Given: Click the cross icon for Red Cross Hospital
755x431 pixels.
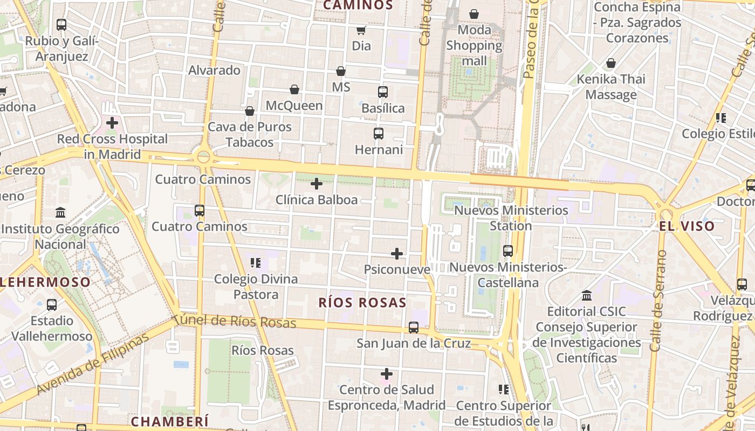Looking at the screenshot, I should tap(112, 123).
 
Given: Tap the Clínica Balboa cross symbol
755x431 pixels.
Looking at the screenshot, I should tap(317, 184).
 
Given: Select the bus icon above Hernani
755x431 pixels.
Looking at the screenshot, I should tap(379, 133).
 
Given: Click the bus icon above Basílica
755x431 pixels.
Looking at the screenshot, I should tap(383, 92).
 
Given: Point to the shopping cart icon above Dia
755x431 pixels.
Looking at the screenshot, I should tap(361, 30).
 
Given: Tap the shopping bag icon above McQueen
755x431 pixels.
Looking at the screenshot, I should tap(294, 89).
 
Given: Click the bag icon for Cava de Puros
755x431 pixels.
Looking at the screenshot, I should tap(250, 111).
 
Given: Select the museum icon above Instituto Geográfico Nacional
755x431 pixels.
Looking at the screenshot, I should tap(60, 213).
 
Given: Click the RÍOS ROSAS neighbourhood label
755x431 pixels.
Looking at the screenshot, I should tap(362, 303).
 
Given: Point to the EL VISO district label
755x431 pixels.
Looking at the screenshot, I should tap(687, 226).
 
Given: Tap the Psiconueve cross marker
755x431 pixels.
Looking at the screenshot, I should tap(397, 254).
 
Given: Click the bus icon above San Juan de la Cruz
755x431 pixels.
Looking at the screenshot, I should tap(414, 327).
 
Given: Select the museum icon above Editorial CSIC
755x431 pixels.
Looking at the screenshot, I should tap(587, 296).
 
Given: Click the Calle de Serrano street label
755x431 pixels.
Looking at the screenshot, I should tap(657, 301).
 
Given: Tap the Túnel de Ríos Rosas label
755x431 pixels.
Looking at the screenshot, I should tap(235, 321).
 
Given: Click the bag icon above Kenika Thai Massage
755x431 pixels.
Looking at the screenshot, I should tap(611, 64).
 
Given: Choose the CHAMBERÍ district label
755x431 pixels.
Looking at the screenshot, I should tap(169, 421).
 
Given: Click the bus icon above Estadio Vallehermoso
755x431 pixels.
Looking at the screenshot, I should tap(52, 305).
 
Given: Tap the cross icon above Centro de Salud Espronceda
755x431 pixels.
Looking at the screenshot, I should tap(387, 373).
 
